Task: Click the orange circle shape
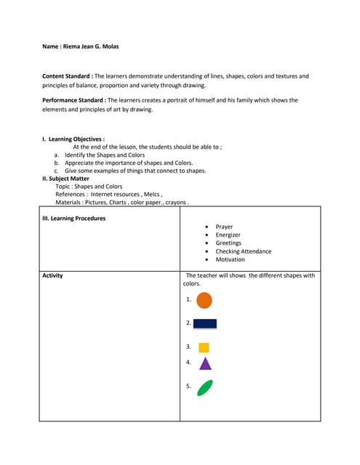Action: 204,299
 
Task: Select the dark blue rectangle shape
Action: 205,323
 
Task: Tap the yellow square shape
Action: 204,347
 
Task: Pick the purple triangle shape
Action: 205,363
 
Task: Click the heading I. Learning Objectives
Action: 73,138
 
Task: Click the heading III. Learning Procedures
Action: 74,218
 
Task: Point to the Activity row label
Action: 53,275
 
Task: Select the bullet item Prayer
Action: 224,227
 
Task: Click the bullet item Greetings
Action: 228,243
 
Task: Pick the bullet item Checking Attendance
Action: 243,251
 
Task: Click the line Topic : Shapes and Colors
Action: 89,186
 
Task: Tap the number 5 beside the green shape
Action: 188,387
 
